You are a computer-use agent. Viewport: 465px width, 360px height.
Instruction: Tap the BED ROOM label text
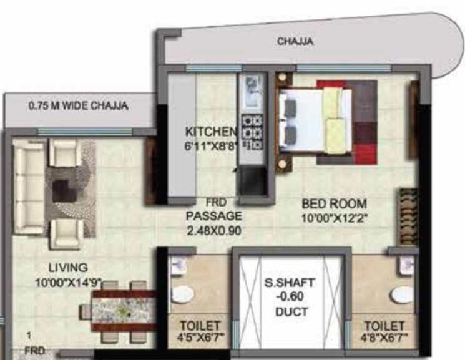pos(334,203)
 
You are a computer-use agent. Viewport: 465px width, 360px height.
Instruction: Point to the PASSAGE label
pos(213,216)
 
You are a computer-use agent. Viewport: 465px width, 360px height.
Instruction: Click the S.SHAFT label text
pos(288,283)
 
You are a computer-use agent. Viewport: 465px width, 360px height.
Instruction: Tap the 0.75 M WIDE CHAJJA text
pos(79,106)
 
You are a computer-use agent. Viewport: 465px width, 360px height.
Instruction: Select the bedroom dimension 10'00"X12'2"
pos(335,218)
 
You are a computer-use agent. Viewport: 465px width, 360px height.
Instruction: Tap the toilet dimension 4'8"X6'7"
pos(383,340)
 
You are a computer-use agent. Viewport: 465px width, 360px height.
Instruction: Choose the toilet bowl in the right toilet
pos(403,294)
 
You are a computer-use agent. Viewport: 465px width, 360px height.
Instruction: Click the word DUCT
pos(288,310)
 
